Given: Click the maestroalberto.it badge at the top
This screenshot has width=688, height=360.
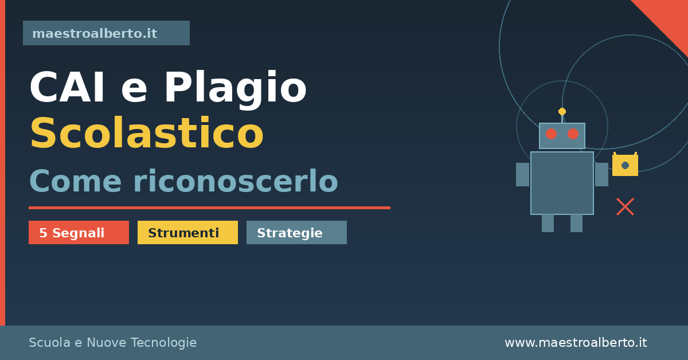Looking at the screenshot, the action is [x=106, y=33].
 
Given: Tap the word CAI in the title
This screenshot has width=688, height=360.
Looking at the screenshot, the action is [x=67, y=87].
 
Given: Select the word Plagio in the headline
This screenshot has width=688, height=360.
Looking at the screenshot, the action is [x=236, y=89].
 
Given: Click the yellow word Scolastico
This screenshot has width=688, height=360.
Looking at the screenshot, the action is [x=147, y=132].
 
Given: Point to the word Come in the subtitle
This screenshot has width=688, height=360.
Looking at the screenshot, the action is [x=75, y=181].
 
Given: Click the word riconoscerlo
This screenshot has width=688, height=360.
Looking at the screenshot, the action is [x=236, y=181].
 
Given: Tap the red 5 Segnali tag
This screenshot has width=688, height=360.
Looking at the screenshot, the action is [x=79, y=233].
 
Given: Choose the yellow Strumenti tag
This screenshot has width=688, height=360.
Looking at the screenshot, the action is [x=187, y=233].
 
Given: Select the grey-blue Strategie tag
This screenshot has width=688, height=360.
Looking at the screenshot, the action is [x=297, y=233].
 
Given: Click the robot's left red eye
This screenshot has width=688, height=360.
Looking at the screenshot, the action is [x=551, y=134].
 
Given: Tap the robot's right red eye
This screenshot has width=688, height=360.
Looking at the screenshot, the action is [x=573, y=134].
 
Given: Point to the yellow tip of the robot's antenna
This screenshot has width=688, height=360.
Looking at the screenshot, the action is [x=562, y=112].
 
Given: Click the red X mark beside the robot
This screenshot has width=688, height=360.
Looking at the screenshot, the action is [x=626, y=207].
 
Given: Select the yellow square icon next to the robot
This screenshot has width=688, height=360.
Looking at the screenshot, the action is [x=625, y=165].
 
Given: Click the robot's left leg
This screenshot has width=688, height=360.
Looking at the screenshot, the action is [x=548, y=224].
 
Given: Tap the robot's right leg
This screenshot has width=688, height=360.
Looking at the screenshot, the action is [x=577, y=224].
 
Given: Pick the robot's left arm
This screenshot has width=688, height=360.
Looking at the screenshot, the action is [x=523, y=174].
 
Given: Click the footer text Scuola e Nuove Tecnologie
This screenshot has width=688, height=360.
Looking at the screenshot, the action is [x=113, y=342].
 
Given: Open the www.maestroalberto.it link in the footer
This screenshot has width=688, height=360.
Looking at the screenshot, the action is [x=576, y=342].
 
